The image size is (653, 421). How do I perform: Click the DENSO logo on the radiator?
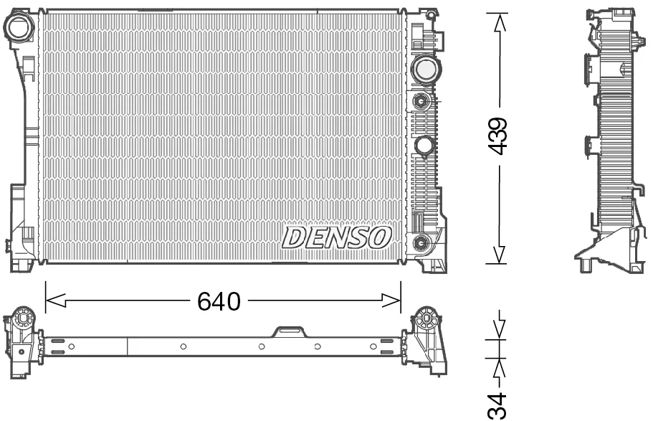336,238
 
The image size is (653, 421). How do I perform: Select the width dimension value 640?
219,301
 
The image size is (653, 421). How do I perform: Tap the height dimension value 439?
497,136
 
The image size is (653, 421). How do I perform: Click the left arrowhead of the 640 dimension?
55,300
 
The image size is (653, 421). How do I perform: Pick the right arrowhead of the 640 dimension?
391,300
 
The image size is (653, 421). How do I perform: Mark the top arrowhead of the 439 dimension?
500,22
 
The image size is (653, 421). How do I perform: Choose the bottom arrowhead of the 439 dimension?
499,254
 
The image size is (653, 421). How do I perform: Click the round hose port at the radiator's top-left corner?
19,27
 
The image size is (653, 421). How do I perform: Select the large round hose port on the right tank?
425,70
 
